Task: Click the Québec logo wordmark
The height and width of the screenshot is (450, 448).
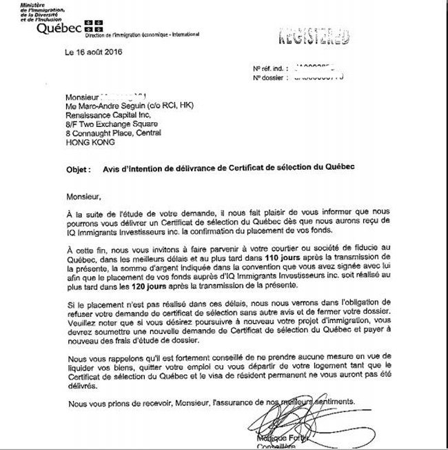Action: (x=60, y=28)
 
